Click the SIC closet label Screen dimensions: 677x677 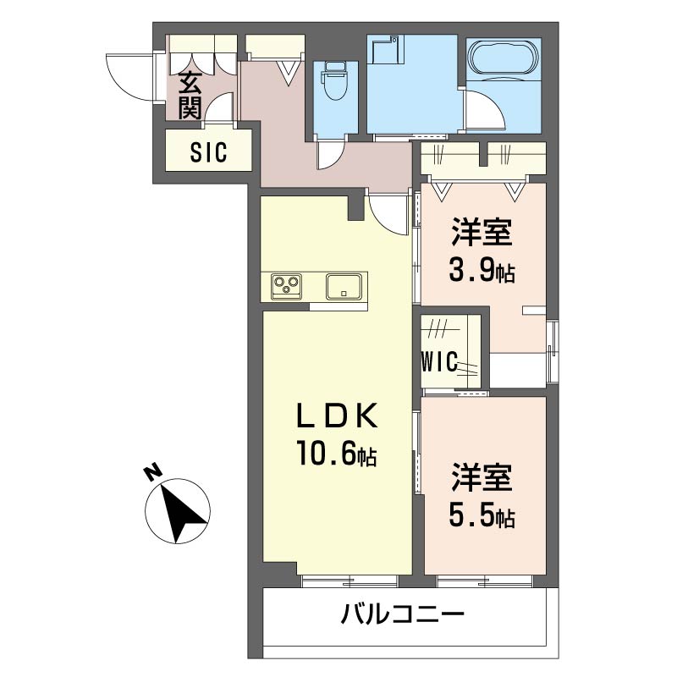pos(208,153)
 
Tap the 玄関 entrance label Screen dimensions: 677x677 pos(190,95)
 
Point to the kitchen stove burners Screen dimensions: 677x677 pos(287,285)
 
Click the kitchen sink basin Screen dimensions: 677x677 pos(345,285)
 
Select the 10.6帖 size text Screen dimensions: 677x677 pos(335,456)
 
